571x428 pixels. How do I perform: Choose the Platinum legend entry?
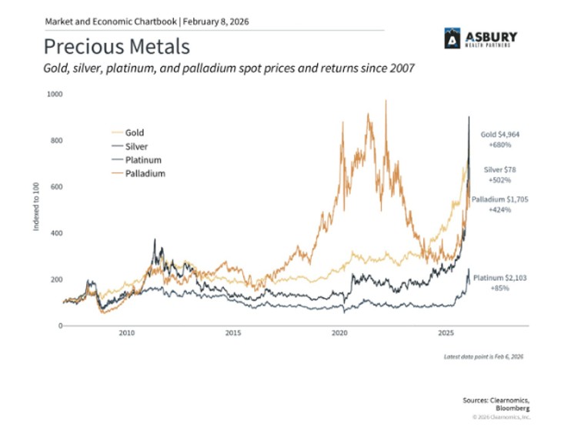pyautogui.click(x=141, y=160)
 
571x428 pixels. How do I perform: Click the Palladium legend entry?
pyautogui.click(x=145, y=174)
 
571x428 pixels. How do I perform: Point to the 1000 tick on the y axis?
pyautogui.click(x=55, y=94)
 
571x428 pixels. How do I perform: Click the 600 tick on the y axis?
pyautogui.click(x=56, y=187)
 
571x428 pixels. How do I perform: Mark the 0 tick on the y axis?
pyautogui.click(x=60, y=326)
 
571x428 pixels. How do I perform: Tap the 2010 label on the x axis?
pyautogui.click(x=127, y=334)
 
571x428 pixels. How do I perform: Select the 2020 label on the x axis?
pyautogui.click(x=339, y=334)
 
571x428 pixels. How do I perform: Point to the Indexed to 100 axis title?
pyautogui.click(x=36, y=209)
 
